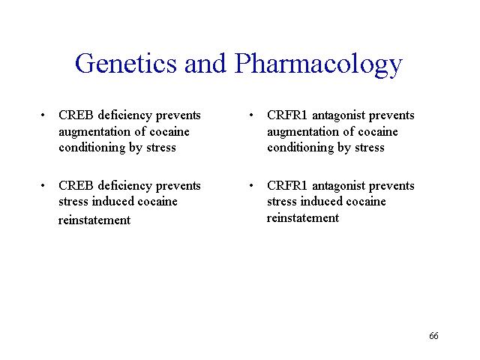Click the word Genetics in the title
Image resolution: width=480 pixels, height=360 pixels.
(126, 63)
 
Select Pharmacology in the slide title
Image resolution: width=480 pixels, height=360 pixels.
(318, 64)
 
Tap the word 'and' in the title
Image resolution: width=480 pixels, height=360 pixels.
(205, 63)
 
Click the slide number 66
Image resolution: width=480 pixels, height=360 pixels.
(433, 336)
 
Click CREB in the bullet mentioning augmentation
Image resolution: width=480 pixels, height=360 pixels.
(76, 115)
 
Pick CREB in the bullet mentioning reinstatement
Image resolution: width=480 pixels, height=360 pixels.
(76, 185)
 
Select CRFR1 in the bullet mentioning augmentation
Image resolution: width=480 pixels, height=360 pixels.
(286, 115)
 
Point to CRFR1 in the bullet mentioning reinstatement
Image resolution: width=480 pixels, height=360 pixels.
(286, 185)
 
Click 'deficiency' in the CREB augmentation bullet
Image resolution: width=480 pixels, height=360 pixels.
(125, 116)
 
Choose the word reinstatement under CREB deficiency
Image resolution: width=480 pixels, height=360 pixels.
(94, 220)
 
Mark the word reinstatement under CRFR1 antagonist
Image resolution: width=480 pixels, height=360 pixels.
(303, 218)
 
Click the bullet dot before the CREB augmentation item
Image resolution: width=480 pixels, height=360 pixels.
(43, 115)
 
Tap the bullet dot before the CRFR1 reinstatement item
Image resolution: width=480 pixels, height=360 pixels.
(251, 185)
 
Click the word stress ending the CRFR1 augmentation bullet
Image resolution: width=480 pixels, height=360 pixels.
(370, 148)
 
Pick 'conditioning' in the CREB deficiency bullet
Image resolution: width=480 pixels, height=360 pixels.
(91, 148)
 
